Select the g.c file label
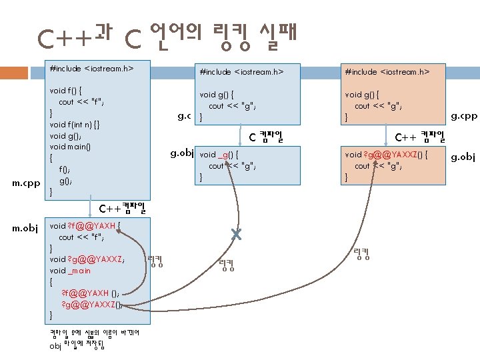[185, 117]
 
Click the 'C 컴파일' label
[266, 138]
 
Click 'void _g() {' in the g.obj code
[219, 154]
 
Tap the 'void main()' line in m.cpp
[70, 147]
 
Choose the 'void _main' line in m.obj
[70, 271]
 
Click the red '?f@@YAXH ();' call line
[91, 293]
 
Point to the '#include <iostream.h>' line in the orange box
[387, 71]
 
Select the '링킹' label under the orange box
[362, 253]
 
